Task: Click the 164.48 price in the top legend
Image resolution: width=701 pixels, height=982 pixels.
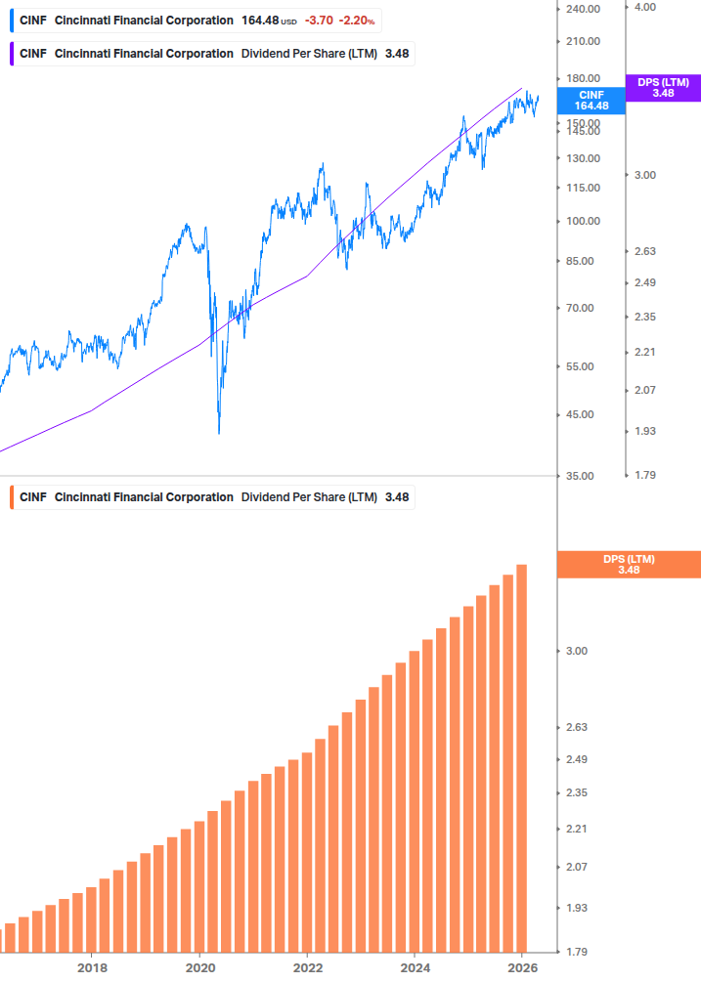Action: pyautogui.click(x=259, y=21)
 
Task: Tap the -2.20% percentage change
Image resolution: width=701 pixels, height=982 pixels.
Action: pyautogui.click(x=357, y=21)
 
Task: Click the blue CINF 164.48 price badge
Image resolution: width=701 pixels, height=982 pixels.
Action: pyautogui.click(x=591, y=100)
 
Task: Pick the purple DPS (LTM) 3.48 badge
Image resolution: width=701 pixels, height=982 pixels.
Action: pyautogui.click(x=663, y=88)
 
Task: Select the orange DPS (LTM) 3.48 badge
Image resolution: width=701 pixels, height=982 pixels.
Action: pyautogui.click(x=628, y=564)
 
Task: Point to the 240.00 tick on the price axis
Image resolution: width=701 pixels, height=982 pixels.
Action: pyautogui.click(x=582, y=9)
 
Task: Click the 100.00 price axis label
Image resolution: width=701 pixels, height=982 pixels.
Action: pyautogui.click(x=582, y=221)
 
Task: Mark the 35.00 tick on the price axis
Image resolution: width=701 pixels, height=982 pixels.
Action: pyautogui.click(x=580, y=476)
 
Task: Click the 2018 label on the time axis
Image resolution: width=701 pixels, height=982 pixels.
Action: pyautogui.click(x=92, y=967)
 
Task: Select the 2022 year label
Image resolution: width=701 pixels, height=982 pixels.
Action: pyautogui.click(x=307, y=967)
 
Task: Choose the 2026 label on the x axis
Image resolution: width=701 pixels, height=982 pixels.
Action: pyautogui.click(x=523, y=967)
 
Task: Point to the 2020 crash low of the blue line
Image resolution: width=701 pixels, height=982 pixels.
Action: pyautogui.click(x=219, y=431)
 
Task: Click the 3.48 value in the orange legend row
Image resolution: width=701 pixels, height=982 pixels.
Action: pyautogui.click(x=397, y=497)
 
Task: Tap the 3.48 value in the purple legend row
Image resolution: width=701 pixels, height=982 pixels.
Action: pyautogui.click(x=397, y=53)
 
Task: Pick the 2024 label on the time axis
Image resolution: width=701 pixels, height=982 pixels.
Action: pyautogui.click(x=415, y=967)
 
